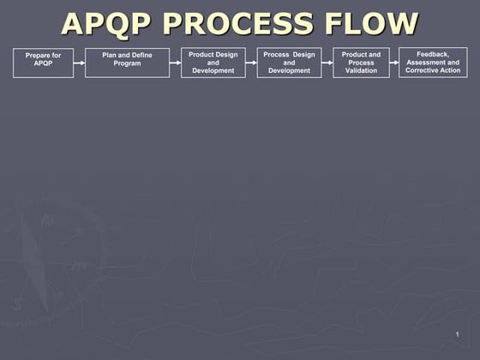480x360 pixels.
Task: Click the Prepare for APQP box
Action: (43, 63)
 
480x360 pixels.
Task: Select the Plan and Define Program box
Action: (127, 63)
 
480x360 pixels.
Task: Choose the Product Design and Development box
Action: (213, 63)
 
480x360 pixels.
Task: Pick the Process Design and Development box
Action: (289, 63)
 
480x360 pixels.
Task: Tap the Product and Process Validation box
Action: (361, 63)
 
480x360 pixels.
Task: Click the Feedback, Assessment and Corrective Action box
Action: (433, 62)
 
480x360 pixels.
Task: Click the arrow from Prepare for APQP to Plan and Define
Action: (79, 63)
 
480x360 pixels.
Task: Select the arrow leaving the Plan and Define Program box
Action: (175, 63)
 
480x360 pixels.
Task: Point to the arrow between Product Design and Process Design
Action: (251, 63)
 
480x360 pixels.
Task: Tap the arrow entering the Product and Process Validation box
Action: (327, 63)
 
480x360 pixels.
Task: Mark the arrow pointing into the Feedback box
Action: (394, 63)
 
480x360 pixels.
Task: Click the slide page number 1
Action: (458, 333)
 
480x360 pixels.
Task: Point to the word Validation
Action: (361, 70)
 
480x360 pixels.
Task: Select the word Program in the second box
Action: (127, 63)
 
